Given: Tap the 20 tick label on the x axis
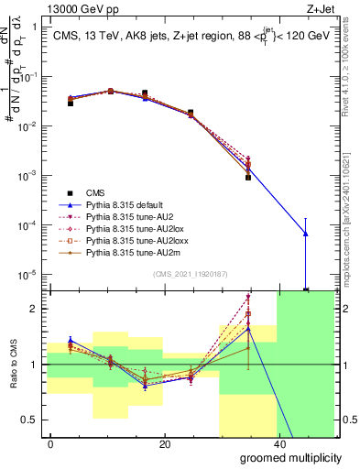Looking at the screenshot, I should (x=164, y=444).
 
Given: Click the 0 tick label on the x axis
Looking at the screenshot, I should (x=50, y=444).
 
